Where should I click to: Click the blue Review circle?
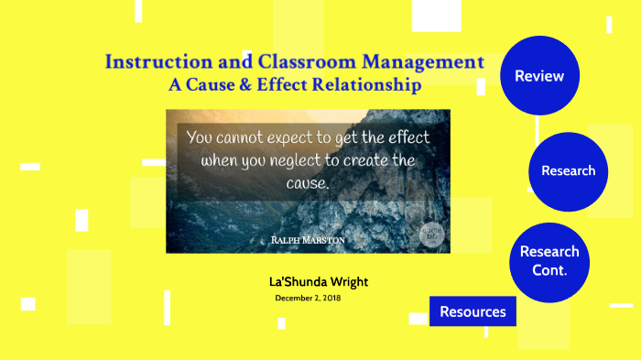pos(539,76)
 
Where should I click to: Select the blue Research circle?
pos(568,171)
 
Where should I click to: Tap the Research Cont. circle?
pos(549,261)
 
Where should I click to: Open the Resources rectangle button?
pos(473,311)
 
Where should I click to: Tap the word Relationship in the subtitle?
pos(366,85)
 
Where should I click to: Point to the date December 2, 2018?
pos(308,299)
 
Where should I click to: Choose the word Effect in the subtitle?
pos(289,85)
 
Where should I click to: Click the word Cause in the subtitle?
pos(217,85)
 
